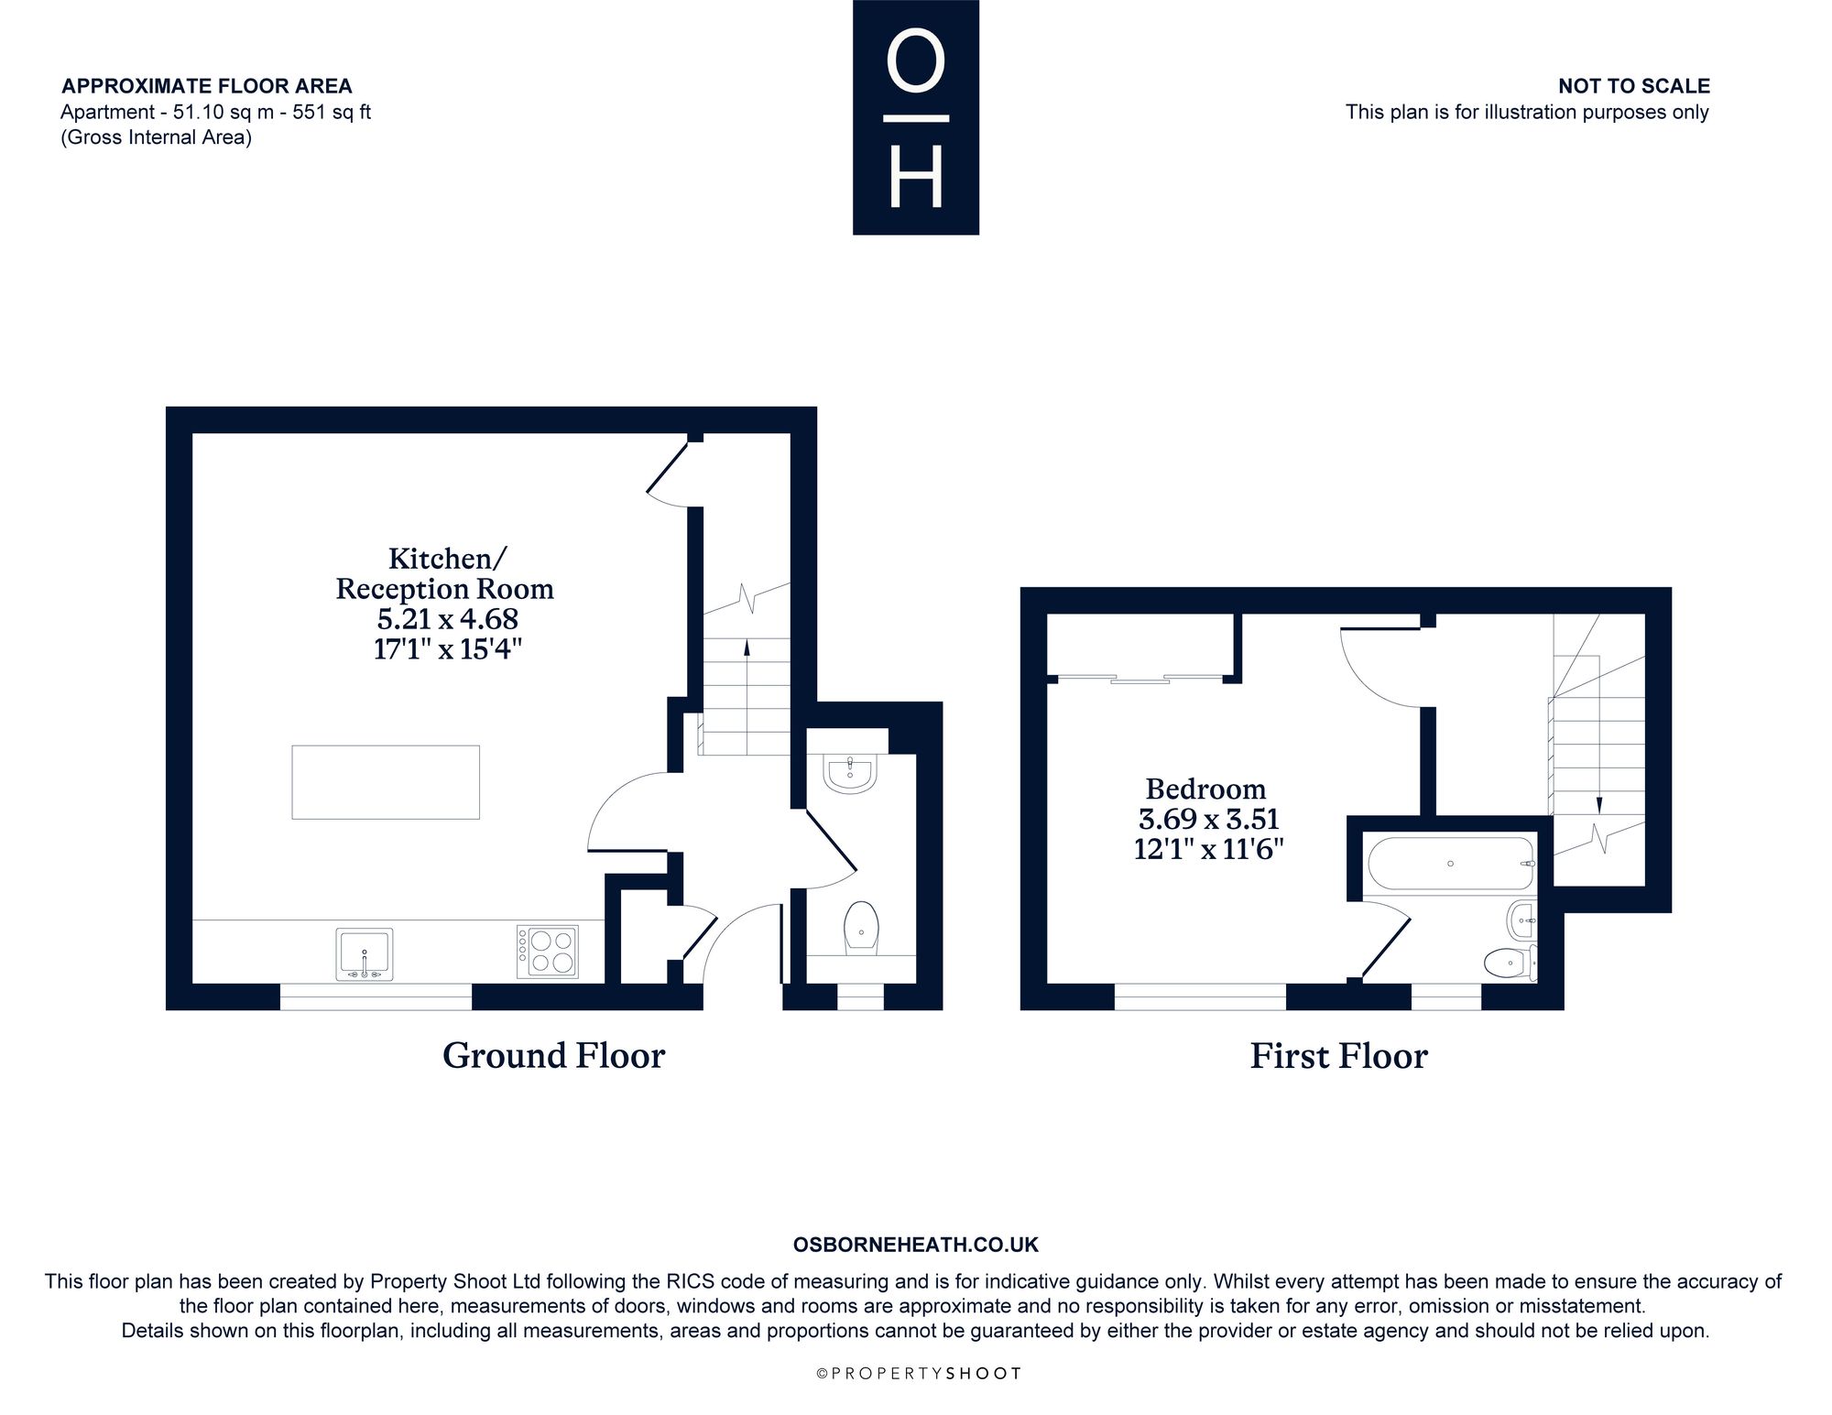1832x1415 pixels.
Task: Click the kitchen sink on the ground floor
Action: [x=365, y=953]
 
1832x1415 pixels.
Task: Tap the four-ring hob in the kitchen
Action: [x=547, y=952]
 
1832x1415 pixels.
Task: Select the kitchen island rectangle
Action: [x=386, y=782]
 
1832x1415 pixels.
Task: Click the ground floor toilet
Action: [x=861, y=928]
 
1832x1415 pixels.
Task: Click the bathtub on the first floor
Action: [x=1450, y=863]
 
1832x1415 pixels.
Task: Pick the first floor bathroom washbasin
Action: [x=1522, y=919]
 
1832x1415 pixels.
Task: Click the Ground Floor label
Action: [x=553, y=1056]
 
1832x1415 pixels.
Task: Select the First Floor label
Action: [x=1338, y=1056]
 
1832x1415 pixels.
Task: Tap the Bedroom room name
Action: [x=1205, y=789]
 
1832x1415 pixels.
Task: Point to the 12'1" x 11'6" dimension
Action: [x=1208, y=849]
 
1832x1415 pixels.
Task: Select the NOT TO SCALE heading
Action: [x=1634, y=86]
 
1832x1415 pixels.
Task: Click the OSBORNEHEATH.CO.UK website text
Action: [x=916, y=1245]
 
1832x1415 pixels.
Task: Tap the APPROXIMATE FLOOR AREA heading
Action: [x=207, y=86]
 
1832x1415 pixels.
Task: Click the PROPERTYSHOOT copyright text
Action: [x=918, y=1374]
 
